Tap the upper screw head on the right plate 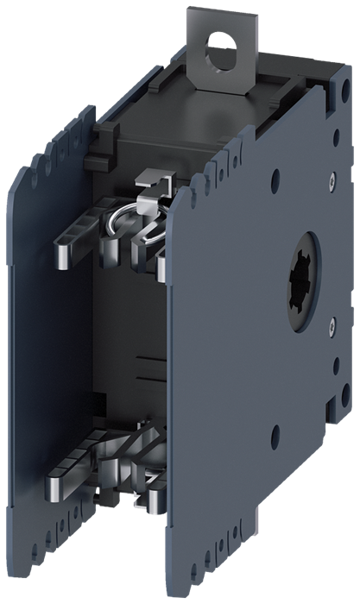[332, 184]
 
